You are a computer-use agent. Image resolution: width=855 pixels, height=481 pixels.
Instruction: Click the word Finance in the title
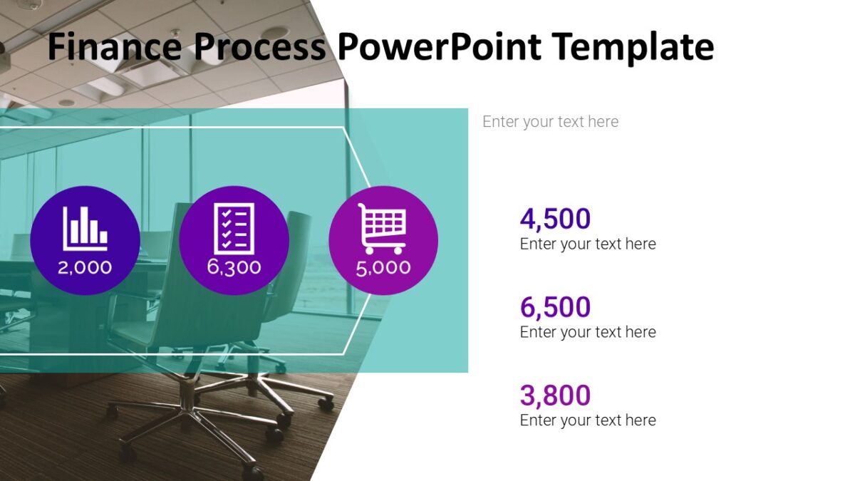click(x=114, y=47)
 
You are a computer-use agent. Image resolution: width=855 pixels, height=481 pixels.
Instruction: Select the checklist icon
click(x=234, y=228)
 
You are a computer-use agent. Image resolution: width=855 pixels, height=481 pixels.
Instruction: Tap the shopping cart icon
click(x=383, y=228)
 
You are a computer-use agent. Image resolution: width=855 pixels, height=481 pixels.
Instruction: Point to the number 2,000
click(x=85, y=267)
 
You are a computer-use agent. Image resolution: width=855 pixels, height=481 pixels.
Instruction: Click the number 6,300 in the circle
click(x=234, y=267)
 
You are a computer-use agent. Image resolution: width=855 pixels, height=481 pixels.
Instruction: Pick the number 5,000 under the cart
click(x=383, y=267)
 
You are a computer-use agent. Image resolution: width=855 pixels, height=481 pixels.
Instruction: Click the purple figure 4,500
click(x=555, y=219)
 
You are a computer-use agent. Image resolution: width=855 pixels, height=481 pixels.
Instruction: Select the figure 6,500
click(x=555, y=307)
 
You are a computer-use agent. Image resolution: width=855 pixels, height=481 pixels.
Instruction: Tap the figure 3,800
click(x=555, y=395)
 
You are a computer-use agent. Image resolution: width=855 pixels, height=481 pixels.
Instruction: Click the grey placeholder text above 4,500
click(x=550, y=122)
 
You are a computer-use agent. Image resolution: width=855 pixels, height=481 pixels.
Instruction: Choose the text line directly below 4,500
click(x=588, y=244)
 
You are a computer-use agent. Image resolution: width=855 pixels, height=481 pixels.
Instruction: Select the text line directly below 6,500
click(x=588, y=332)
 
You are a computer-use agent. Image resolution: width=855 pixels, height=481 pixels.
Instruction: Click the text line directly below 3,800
click(x=588, y=420)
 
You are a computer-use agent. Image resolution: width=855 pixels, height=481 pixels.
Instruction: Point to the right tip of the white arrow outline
click(x=390, y=241)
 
